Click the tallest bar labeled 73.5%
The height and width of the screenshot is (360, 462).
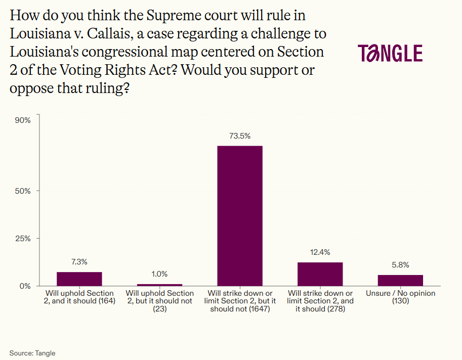point(240,216)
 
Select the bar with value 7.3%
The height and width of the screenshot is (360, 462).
point(79,279)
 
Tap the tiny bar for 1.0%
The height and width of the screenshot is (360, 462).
point(159,285)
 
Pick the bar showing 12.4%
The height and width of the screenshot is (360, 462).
point(320,274)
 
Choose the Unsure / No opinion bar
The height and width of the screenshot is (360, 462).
point(400,280)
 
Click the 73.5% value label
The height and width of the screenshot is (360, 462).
point(240,136)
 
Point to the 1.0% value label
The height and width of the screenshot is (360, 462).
point(159,274)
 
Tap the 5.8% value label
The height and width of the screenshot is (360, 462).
point(400,265)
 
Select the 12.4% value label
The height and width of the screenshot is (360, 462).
point(320,252)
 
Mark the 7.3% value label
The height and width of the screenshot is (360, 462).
point(79,262)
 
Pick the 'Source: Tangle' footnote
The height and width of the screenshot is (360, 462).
point(32,353)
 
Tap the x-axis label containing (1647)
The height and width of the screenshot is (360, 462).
point(240,301)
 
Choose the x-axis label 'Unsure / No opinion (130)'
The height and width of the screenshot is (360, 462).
point(400,297)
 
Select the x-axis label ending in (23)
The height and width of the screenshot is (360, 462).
point(159,301)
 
